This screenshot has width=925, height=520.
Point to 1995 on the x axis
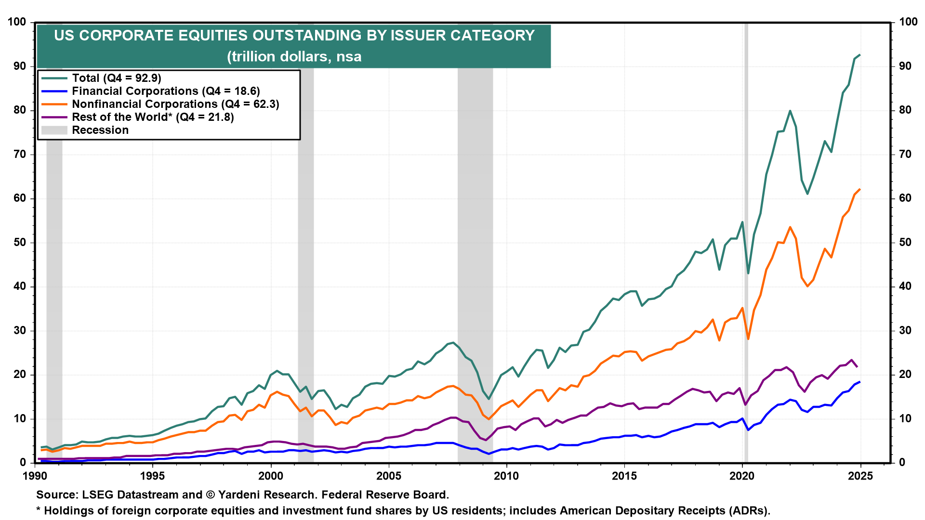[x=153, y=476]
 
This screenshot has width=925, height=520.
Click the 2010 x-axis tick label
[x=506, y=476]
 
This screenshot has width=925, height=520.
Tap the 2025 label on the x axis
[x=860, y=476]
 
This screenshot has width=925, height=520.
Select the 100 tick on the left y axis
[x=17, y=22]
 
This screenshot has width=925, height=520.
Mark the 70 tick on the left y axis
[x=19, y=155]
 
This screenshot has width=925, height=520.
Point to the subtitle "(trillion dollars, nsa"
[x=294, y=56]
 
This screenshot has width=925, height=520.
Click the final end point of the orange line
[x=860, y=189]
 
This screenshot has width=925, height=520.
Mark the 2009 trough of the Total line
[x=489, y=399]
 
